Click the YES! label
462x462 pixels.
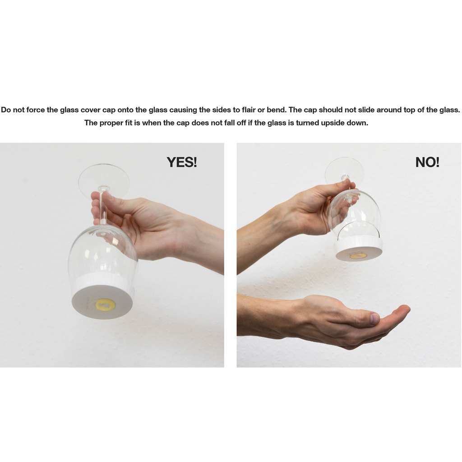(182, 162)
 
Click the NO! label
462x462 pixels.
(427, 162)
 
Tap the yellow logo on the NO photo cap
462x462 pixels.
(358, 256)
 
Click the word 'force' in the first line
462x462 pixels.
(36, 110)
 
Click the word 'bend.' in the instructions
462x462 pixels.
(277, 110)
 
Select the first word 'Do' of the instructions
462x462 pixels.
(6, 110)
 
